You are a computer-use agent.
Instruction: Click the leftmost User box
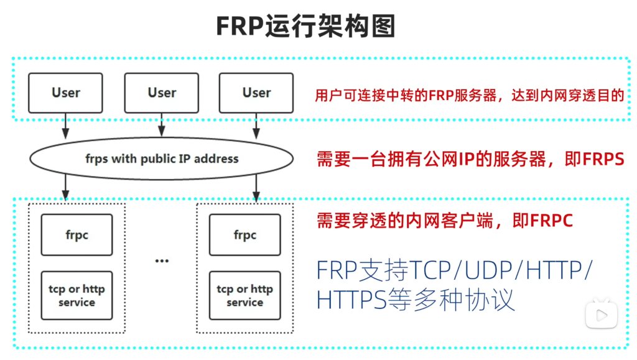pos(65,93)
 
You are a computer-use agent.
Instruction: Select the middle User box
pos(162,93)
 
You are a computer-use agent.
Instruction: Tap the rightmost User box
pos(256,93)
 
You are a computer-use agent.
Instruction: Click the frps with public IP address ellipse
pos(162,159)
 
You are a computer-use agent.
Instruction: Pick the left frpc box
pos(77,235)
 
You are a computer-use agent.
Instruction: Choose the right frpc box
pos(245,235)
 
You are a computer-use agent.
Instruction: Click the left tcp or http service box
pos(77,295)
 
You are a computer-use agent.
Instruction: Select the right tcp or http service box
pos(245,295)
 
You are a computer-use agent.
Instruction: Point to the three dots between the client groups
pos(162,261)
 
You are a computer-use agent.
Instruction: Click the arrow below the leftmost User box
pos(65,126)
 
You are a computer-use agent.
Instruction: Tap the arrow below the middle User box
pos(162,125)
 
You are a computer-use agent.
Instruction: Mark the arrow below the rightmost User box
pos(256,126)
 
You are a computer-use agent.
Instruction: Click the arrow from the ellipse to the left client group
pos(65,188)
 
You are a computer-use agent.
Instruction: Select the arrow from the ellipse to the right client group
pos(256,188)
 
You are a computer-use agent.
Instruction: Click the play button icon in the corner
pos(602,314)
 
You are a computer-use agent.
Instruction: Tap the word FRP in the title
pos(239,27)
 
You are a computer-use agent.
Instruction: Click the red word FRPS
pos(603,159)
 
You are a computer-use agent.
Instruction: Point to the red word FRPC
pos(552,221)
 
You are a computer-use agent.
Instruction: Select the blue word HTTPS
pos(351,300)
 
